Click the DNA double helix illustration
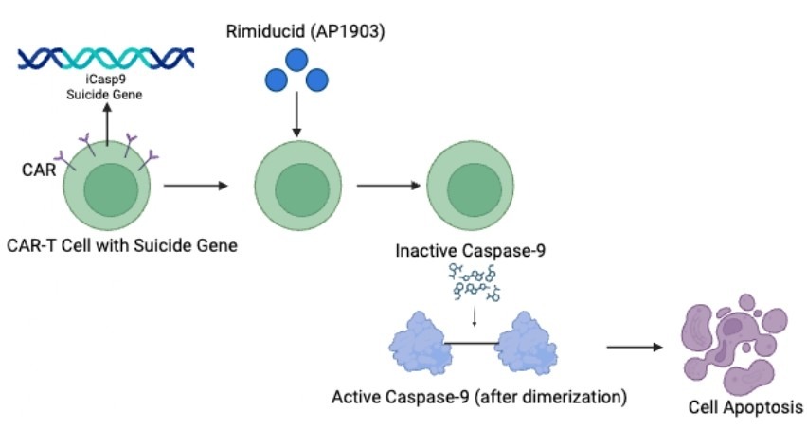[x=106, y=59]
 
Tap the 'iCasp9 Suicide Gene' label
[x=106, y=88]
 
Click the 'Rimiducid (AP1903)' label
[x=296, y=33]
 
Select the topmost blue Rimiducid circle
[x=296, y=60]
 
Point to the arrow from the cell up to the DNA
[x=106, y=123]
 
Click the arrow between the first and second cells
[x=196, y=187]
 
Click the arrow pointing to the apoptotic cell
[x=634, y=347]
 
